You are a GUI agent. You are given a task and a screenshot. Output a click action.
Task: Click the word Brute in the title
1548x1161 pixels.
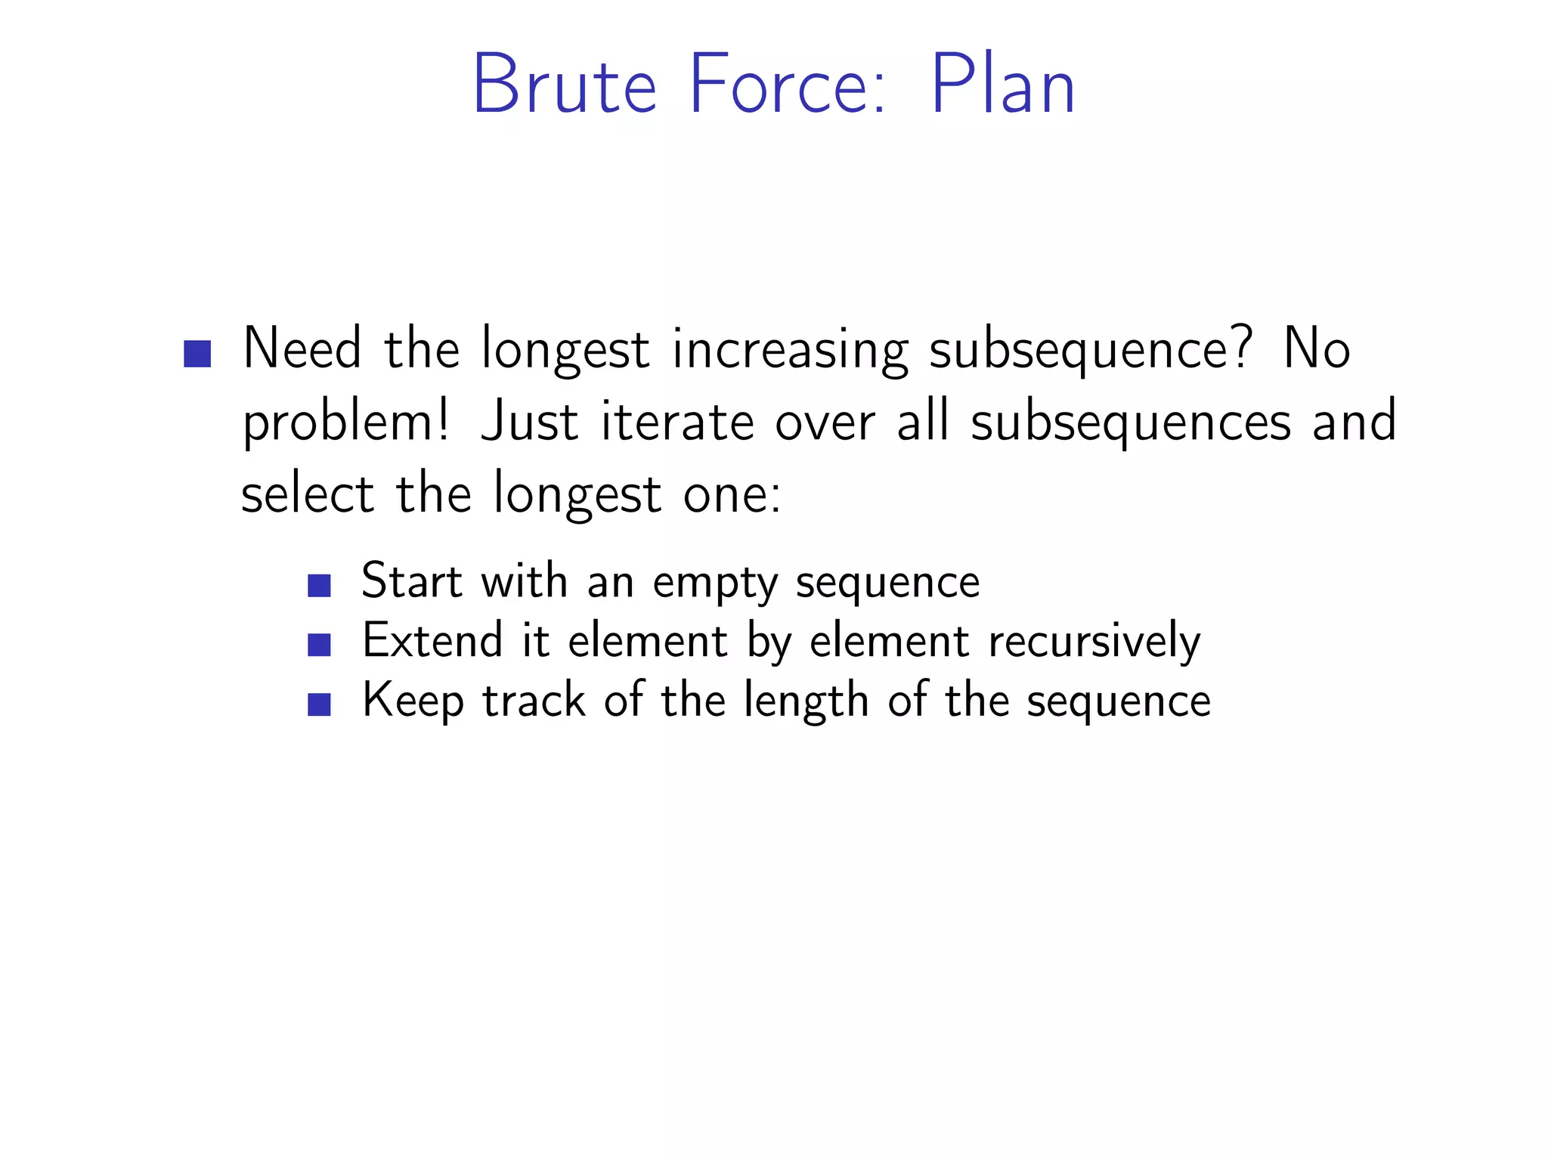point(564,85)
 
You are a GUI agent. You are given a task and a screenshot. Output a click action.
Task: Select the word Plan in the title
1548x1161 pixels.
point(1002,85)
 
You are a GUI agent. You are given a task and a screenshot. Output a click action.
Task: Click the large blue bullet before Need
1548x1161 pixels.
point(197,353)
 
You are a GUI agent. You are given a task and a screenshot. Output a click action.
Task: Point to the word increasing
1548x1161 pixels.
point(790,351)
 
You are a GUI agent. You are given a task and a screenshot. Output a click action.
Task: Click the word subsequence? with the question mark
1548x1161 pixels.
point(1090,351)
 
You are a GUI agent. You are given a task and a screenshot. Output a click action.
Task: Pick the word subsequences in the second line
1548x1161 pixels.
point(1131,423)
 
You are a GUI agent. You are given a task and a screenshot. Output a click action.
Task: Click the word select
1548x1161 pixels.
point(307,494)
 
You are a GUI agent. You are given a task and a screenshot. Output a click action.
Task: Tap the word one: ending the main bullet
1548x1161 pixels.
point(732,496)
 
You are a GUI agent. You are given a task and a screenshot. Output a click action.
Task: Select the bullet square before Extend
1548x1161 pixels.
point(320,645)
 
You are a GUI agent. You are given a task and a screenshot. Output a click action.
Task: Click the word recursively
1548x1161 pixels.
point(1094,642)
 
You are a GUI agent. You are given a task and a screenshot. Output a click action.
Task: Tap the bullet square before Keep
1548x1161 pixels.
point(320,704)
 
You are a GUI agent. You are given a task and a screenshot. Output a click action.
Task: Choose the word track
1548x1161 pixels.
point(534,701)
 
